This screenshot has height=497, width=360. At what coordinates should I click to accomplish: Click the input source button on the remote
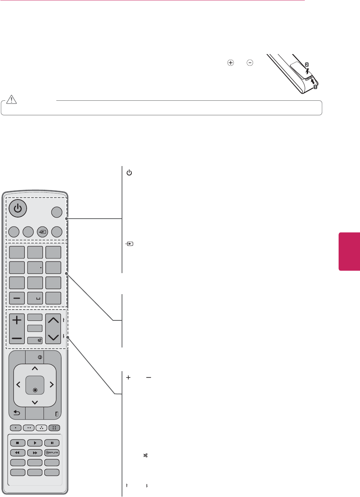click(42, 232)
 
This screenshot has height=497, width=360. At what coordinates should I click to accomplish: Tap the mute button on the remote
click(35, 340)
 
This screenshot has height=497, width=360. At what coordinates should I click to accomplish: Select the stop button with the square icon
click(18, 443)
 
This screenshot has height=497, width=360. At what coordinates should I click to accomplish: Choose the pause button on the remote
click(52, 443)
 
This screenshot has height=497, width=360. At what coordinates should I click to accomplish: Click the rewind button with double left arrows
click(18, 453)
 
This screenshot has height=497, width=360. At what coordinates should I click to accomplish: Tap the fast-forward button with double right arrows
click(35, 453)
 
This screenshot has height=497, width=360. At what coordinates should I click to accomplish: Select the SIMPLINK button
click(52, 453)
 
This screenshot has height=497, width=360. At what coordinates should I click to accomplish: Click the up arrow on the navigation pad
click(35, 369)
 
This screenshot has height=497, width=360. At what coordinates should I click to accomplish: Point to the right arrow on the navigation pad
click(52, 385)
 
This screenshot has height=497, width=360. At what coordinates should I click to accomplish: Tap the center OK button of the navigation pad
click(35, 385)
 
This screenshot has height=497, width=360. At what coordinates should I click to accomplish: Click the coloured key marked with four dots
click(54, 428)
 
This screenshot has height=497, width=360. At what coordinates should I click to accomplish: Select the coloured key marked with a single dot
click(16, 428)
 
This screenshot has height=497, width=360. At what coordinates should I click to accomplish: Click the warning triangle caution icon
click(12, 99)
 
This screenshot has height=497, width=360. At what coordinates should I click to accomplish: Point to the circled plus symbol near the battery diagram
click(230, 63)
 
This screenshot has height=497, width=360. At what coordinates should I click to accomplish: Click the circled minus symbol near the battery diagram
click(250, 63)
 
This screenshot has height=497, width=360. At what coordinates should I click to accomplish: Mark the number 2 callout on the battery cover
click(307, 65)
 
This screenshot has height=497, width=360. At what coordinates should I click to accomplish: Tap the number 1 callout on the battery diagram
click(315, 87)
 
